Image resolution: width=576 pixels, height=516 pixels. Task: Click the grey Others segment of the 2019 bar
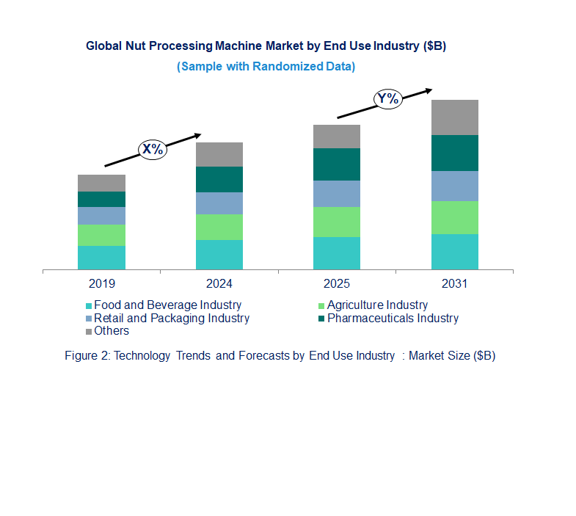(x=101, y=183)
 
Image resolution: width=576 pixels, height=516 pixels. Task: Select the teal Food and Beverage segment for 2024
(x=219, y=255)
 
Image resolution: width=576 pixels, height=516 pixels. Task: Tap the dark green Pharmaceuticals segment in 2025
(x=337, y=164)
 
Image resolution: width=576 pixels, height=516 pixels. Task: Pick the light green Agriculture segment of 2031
(x=454, y=217)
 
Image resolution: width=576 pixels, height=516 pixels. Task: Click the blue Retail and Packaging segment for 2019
(x=101, y=216)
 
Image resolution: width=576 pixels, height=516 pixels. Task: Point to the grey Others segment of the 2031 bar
(x=454, y=117)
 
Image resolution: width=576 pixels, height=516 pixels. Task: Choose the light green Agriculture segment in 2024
(x=219, y=227)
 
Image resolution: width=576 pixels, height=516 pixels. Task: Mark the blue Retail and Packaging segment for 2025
(x=337, y=194)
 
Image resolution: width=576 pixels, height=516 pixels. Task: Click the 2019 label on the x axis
(x=101, y=283)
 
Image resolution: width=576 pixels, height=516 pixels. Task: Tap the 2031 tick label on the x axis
(x=454, y=283)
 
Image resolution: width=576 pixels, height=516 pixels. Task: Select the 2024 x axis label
(x=219, y=283)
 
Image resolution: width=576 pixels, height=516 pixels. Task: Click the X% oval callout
(x=153, y=149)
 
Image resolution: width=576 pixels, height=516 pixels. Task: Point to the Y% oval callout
(x=387, y=99)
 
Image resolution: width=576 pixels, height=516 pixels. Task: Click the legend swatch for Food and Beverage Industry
(x=90, y=305)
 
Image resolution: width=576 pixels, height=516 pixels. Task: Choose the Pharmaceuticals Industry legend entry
(x=393, y=318)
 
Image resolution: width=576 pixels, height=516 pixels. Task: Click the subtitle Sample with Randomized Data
(x=266, y=67)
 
